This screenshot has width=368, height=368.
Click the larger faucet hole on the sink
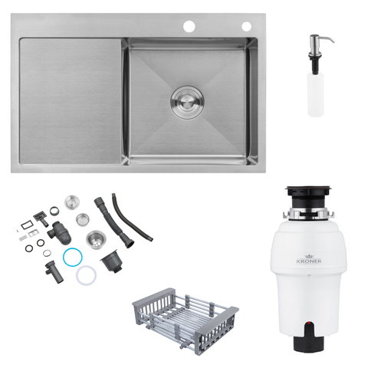tap(189, 27)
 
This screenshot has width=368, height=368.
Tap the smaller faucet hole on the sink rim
tap(247, 27)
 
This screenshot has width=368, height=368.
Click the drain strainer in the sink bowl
tap(187, 102)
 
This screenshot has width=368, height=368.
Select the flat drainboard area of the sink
tap(71, 101)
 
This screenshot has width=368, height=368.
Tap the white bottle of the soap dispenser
tap(316, 94)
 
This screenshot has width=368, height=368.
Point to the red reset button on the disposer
tap(309, 324)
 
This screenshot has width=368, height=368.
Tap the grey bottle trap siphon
tap(59, 232)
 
